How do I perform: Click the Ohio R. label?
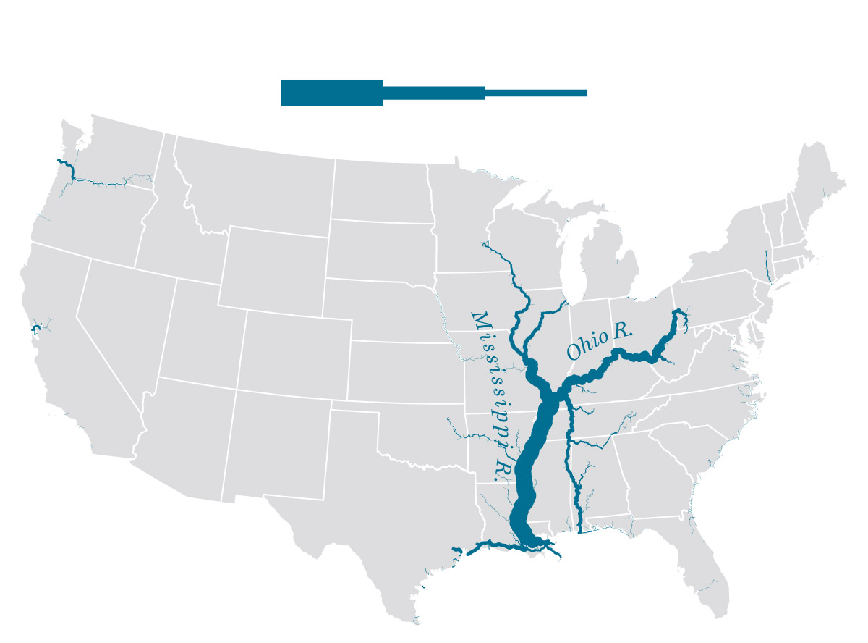(x=600, y=342)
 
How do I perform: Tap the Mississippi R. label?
(x=493, y=395)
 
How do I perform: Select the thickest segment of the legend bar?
(x=331, y=93)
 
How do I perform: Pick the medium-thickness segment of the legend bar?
(x=433, y=93)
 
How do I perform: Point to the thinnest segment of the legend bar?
(x=535, y=93)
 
